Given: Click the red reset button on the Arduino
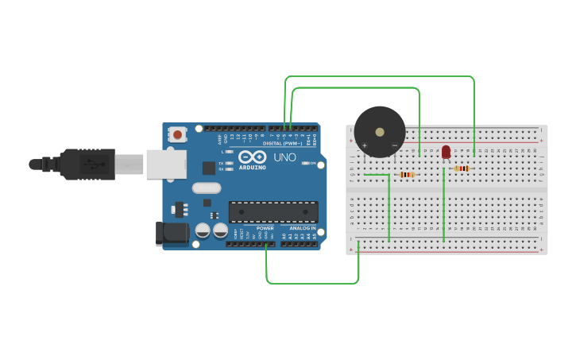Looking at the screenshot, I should (176, 134).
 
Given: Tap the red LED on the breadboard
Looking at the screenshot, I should (446, 151).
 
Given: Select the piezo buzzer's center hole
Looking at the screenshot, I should (380, 132).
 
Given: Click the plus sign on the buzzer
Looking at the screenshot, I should (365, 145).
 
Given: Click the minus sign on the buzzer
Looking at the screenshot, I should (394, 145).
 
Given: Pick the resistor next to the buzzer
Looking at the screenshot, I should (407, 175).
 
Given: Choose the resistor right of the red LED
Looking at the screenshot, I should (462, 168).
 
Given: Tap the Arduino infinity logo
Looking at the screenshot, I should (252, 157).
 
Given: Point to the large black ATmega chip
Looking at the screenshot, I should (273, 212).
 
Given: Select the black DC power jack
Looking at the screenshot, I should (170, 233).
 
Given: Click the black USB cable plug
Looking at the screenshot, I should (87, 165).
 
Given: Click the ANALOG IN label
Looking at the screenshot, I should (301, 228).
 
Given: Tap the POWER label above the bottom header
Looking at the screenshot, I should (265, 228).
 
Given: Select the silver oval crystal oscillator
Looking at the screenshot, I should (206, 188).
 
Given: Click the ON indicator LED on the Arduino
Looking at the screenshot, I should (304, 164).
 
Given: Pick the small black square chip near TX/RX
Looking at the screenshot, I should (209, 168).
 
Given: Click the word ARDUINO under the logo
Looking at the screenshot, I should (252, 168).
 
